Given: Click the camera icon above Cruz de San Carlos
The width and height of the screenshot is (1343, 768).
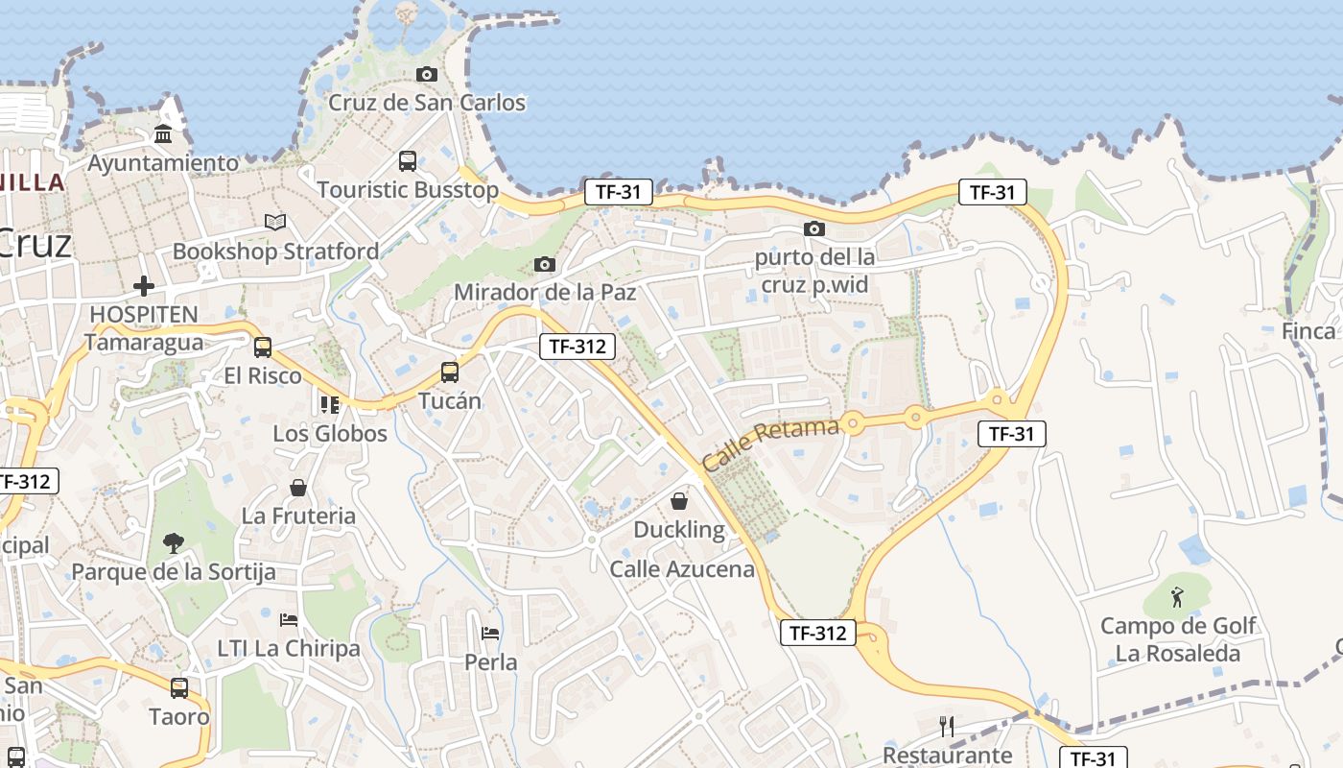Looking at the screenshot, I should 427,74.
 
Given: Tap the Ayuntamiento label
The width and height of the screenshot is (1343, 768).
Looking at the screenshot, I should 163,163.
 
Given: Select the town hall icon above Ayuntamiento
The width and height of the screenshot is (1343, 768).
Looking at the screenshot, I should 163,134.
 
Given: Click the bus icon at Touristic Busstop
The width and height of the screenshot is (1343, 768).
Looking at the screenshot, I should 408,161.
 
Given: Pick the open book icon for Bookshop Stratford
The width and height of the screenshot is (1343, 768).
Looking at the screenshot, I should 275,222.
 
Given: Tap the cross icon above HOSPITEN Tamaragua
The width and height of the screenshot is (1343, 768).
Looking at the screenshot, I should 144,285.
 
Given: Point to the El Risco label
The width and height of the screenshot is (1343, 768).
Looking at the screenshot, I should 262,375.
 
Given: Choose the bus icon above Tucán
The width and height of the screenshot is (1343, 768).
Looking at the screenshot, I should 450,372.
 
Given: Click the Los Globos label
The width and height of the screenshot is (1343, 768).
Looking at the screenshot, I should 330,433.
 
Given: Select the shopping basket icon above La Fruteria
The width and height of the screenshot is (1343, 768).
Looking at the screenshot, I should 298,488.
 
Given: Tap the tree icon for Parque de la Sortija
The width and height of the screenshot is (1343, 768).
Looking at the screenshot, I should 174,543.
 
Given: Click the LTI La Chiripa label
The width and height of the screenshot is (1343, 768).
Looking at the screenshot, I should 289,648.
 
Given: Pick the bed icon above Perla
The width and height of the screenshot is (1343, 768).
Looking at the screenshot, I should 490,634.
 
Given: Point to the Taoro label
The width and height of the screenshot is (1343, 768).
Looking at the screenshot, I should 178,716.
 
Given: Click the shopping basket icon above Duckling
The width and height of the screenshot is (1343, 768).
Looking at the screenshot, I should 679,501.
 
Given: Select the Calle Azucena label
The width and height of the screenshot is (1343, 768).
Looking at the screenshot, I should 682,569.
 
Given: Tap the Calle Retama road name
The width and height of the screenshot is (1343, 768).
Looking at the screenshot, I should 769,444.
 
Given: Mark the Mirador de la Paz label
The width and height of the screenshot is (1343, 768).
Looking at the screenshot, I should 545,292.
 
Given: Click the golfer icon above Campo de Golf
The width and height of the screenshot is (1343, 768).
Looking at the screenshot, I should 1178,597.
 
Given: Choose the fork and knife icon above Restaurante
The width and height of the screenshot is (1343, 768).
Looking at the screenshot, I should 947,727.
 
